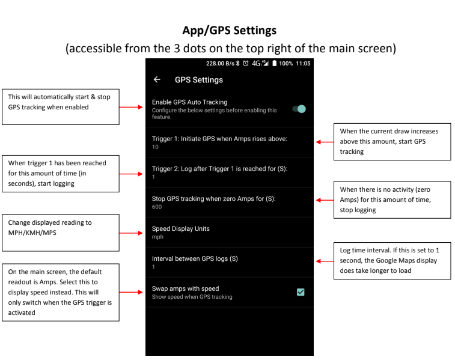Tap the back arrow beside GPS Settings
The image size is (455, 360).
point(157,79)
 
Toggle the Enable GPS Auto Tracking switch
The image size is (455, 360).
point(299,109)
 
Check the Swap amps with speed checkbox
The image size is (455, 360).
point(301,292)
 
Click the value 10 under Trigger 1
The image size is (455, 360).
point(155,147)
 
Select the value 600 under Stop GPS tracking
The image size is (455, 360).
point(157,207)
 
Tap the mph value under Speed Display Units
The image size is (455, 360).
point(157,237)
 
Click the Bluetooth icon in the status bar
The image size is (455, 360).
point(237,63)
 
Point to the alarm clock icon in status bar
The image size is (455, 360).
point(245,63)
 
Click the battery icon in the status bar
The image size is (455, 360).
point(275,63)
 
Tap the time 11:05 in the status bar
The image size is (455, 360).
point(303,64)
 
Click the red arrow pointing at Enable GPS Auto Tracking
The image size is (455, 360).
point(131,108)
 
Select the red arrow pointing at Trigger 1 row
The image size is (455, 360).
point(325,142)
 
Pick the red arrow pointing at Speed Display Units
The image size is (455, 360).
point(131,233)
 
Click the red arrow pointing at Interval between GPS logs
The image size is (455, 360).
point(325,261)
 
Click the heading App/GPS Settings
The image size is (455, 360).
point(229,31)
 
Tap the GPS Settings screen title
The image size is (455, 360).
point(199,80)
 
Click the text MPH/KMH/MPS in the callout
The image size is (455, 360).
point(32,233)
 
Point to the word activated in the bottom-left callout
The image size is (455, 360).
point(22,313)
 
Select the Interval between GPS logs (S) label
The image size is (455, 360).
point(195,259)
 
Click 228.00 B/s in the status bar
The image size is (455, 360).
point(220,64)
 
